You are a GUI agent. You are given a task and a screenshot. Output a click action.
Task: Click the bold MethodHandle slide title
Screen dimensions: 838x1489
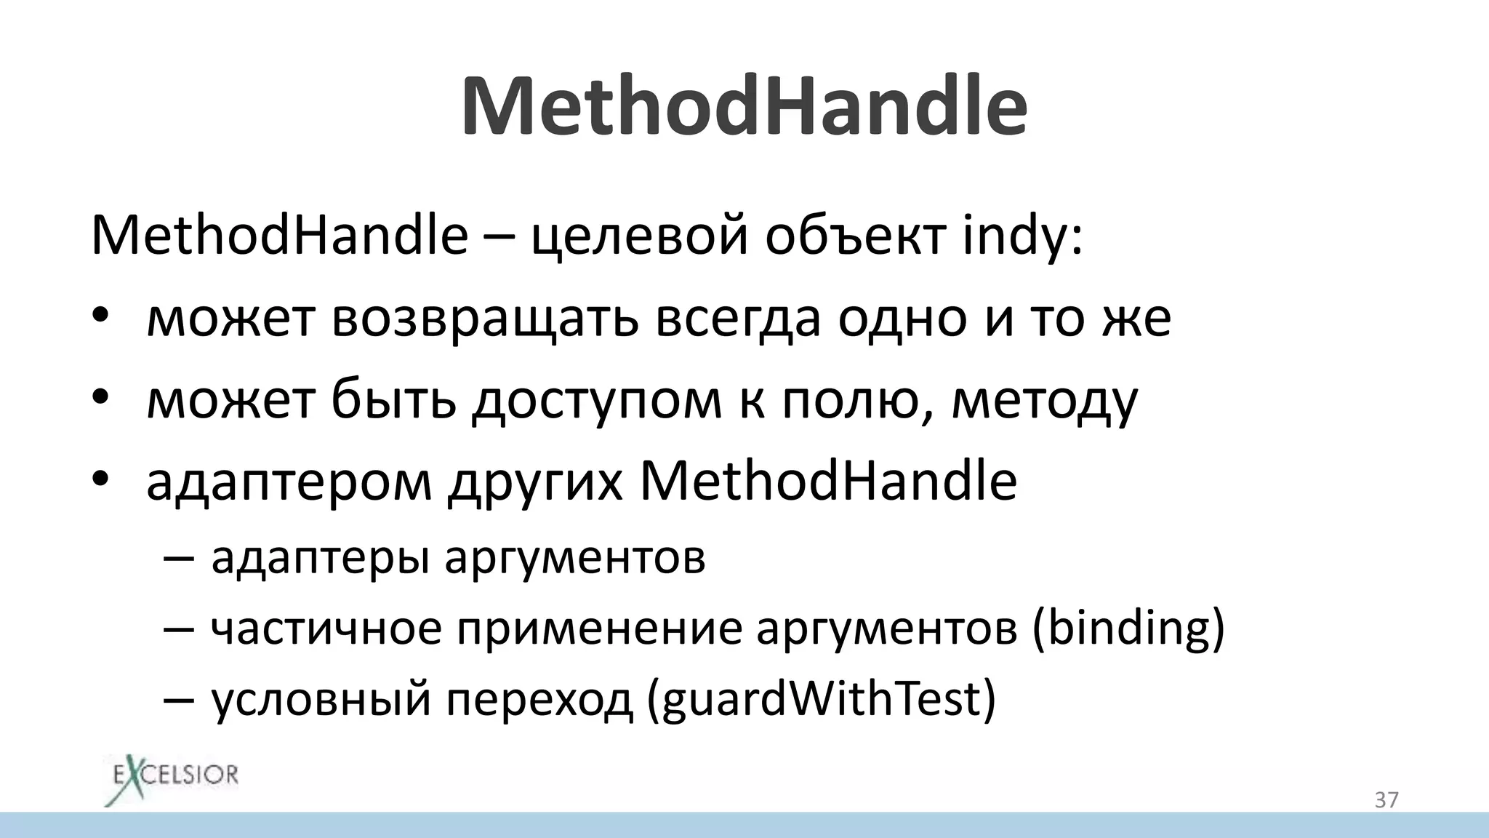(744, 107)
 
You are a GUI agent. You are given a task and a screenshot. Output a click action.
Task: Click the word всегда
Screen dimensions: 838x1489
(737, 318)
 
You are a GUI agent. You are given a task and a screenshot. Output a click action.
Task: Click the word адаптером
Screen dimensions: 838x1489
(289, 482)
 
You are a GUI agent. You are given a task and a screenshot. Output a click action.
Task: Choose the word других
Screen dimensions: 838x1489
(535, 482)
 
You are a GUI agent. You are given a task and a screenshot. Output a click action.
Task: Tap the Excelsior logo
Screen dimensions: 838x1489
(172, 781)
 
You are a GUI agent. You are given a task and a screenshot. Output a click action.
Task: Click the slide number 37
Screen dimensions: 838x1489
(1386, 800)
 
